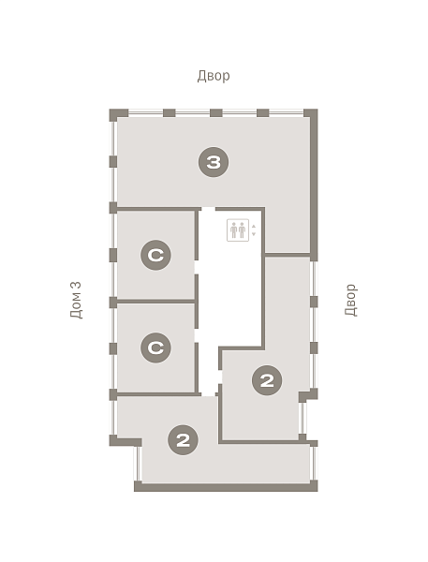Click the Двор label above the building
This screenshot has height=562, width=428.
coord(214,76)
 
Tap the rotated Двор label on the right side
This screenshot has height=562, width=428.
coord(351,300)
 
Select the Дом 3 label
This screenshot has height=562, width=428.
coord(76,300)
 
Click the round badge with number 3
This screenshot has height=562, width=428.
coord(214,162)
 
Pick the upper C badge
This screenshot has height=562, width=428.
coord(155,255)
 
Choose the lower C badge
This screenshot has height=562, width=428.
coord(155,348)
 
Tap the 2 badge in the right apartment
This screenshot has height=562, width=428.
coord(267,380)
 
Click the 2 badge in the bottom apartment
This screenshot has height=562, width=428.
coord(184,440)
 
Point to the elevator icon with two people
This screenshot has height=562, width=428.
coord(238,230)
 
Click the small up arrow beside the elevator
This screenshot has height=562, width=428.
coord(254,226)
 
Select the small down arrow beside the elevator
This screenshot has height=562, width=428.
coord(254,234)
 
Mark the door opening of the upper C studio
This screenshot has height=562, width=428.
coord(197,267)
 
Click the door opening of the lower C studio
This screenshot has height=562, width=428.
coord(197,335)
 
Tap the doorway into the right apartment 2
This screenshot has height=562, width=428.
coord(220,377)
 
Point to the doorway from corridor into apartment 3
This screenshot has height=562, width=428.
coord(208,209)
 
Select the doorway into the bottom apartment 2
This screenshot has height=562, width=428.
coord(208,394)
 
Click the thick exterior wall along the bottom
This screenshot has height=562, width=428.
coord(226,487)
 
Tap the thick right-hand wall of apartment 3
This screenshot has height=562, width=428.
coord(314,185)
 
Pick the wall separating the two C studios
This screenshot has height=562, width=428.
coord(155,302)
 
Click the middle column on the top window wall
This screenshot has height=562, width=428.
coord(216,113)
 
